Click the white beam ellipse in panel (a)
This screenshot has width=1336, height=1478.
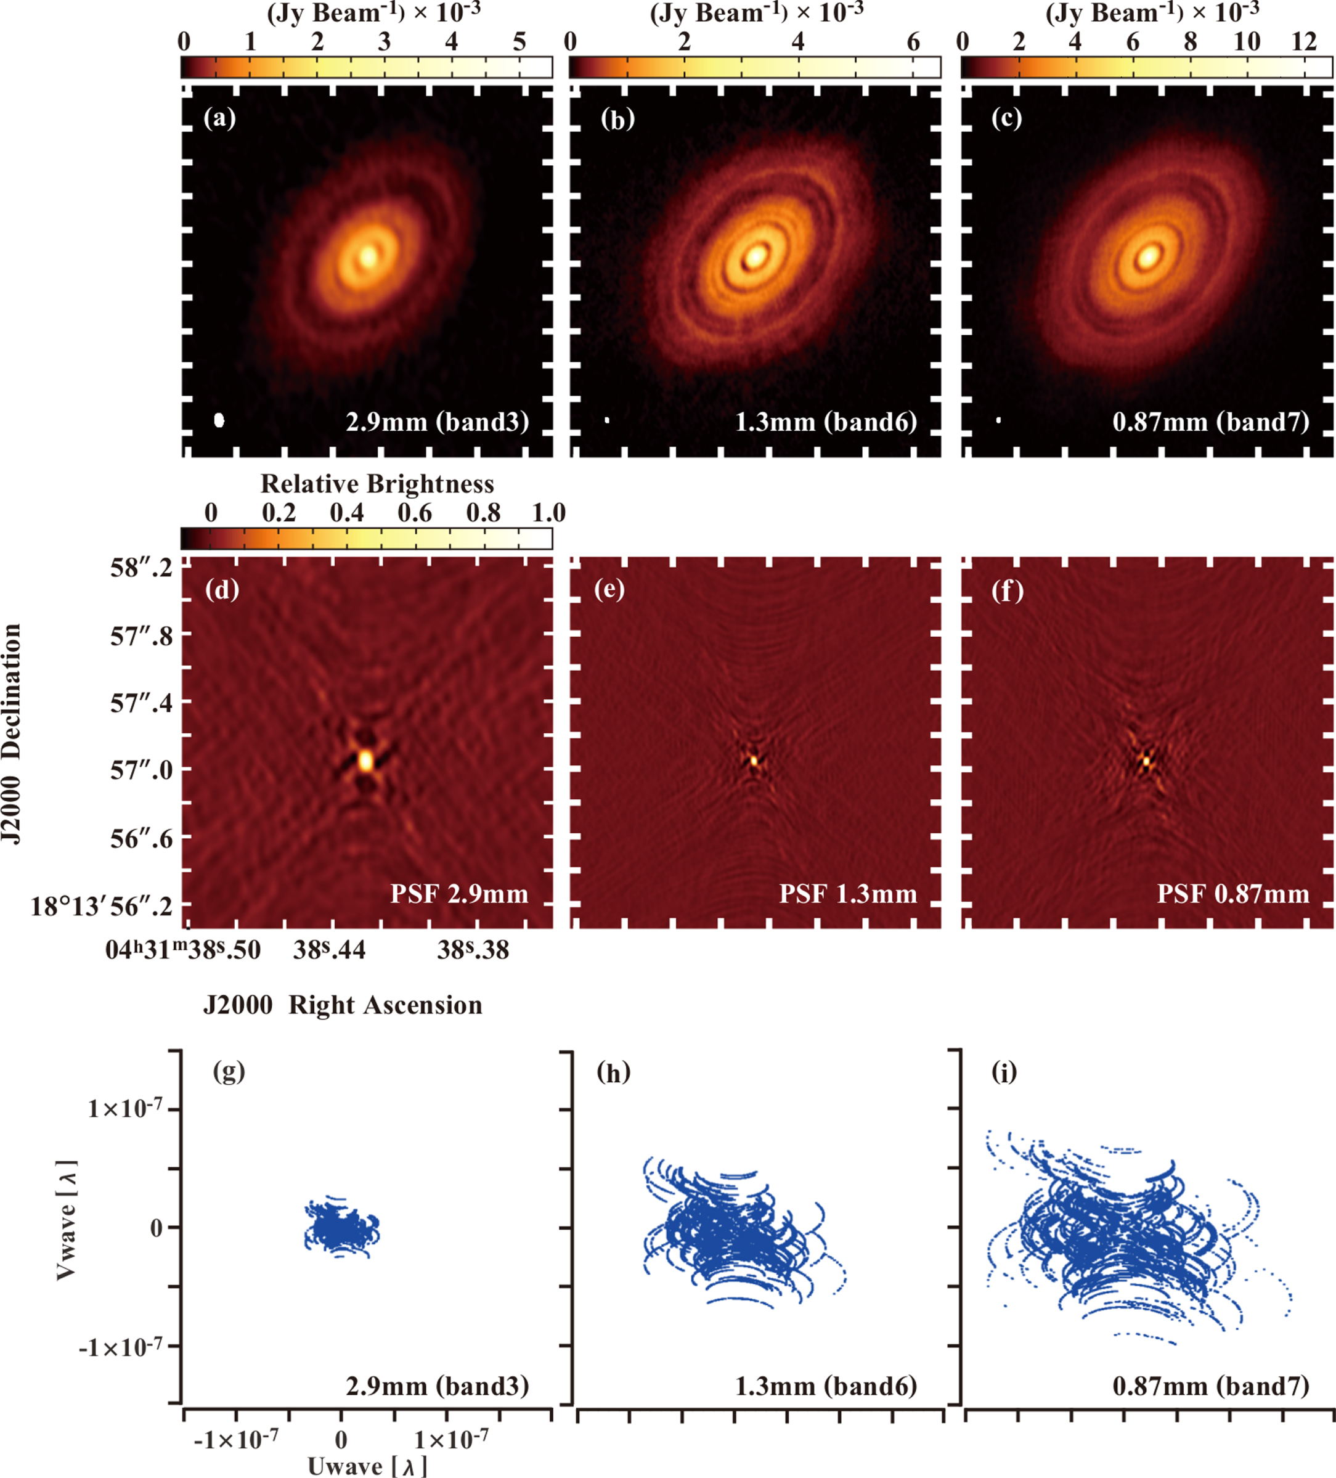[218, 420]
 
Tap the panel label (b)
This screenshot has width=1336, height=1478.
[617, 119]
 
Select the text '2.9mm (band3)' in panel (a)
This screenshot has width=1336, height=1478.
[437, 422]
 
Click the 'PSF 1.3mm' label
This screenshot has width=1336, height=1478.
[847, 894]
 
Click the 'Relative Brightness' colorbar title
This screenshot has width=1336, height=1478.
[377, 484]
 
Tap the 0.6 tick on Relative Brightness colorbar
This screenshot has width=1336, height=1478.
[415, 512]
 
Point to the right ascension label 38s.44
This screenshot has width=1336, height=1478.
[329, 951]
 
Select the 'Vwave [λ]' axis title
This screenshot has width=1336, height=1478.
[66, 1220]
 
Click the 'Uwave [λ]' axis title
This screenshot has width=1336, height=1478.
[367, 1465]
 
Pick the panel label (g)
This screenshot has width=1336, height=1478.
[229, 1072]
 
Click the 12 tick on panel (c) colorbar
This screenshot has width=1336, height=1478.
[1304, 42]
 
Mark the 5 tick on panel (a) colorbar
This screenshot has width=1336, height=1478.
[519, 42]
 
